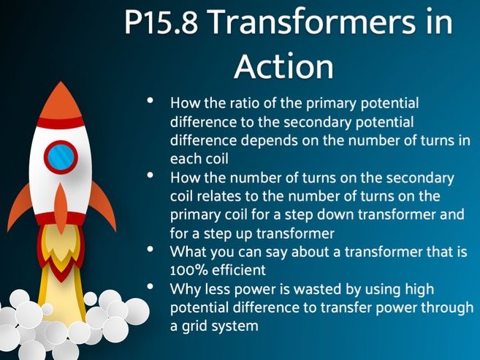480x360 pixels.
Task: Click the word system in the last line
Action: click(237, 326)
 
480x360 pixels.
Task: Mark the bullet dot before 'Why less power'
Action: click(151, 286)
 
